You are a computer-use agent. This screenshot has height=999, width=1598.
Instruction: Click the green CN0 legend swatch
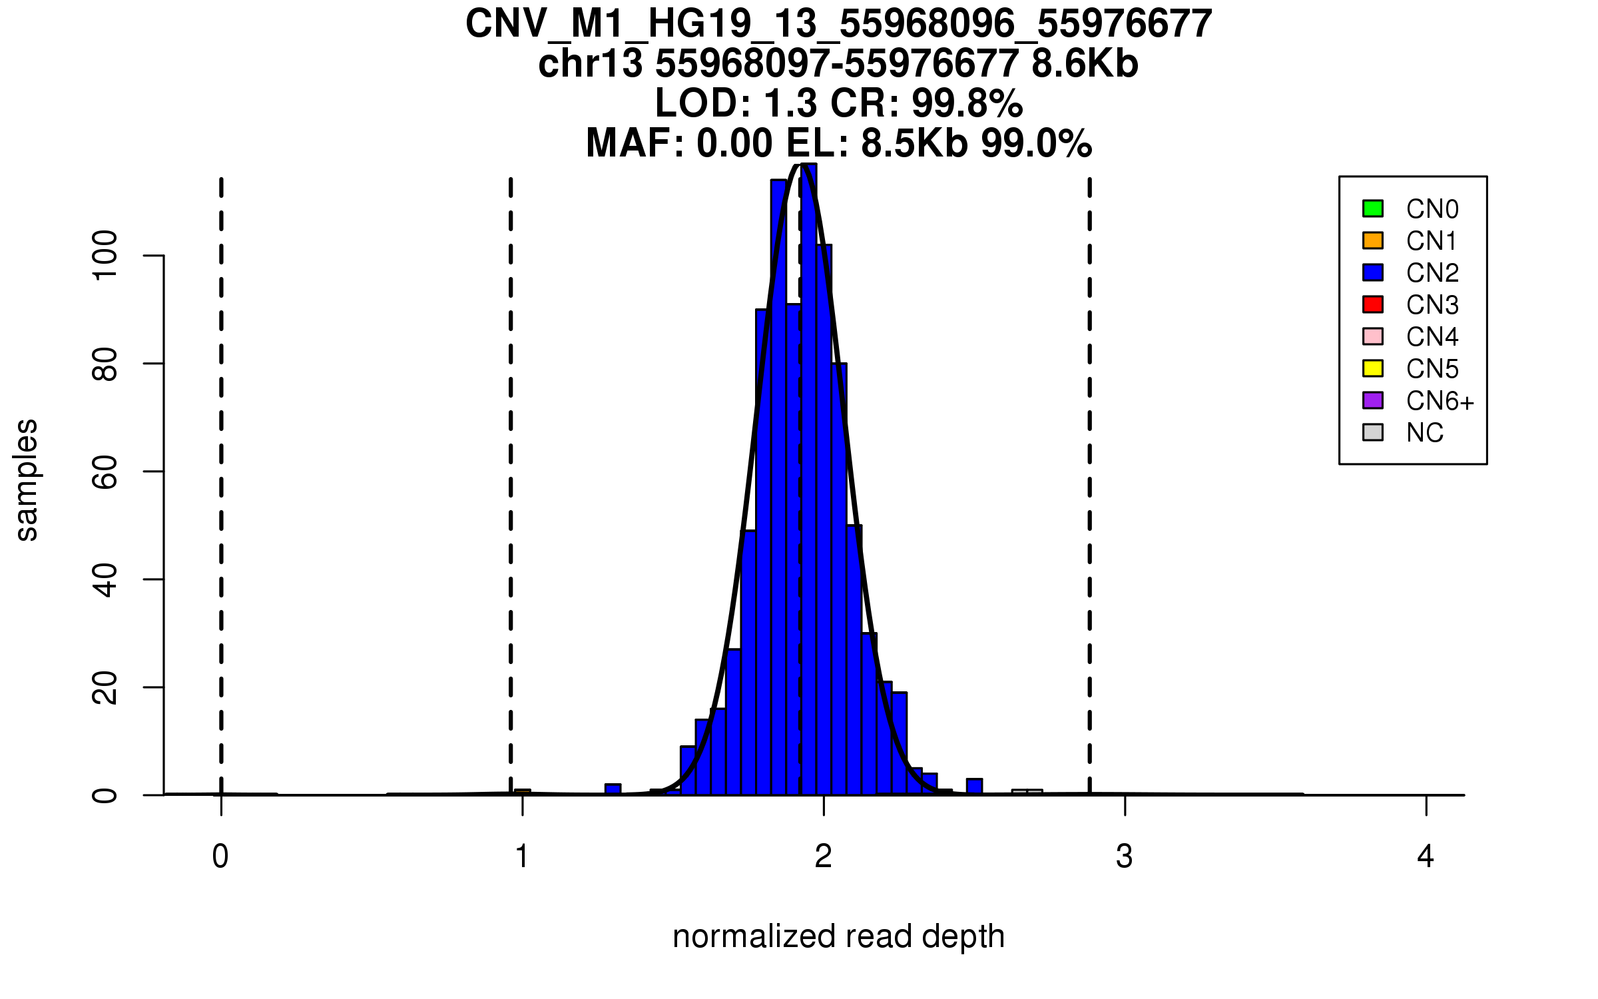(1373, 208)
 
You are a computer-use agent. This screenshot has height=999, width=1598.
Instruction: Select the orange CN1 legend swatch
(1373, 240)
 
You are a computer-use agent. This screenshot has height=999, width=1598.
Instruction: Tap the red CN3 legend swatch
(1373, 304)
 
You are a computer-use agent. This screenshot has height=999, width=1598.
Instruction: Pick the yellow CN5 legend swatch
(1373, 368)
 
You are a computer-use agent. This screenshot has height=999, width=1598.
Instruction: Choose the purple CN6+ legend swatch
(1373, 400)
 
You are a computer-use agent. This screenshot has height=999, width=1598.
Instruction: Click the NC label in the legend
(1425, 434)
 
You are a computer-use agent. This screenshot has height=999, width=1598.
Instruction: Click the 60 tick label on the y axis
(105, 472)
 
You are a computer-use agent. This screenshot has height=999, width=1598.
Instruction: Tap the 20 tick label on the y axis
(105, 687)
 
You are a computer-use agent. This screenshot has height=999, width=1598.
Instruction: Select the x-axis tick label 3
(1125, 856)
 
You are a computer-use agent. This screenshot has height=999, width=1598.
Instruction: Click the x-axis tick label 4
(1426, 856)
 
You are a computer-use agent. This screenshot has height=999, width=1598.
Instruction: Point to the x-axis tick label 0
(220, 856)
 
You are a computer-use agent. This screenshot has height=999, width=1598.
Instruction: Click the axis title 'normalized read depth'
(838, 936)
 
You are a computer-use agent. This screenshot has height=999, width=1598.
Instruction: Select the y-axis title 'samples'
(27, 480)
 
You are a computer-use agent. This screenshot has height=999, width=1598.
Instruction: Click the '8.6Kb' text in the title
(1085, 64)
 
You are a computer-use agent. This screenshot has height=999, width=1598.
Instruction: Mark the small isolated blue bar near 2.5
(974, 787)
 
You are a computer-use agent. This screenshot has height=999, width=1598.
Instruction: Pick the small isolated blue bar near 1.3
(613, 789)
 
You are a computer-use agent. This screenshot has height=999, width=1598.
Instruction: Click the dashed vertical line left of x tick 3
(1089, 466)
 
